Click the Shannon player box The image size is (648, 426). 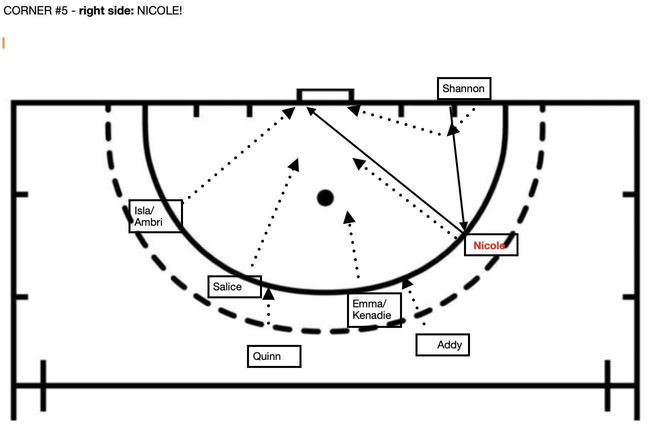464,89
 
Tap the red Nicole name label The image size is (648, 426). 489,246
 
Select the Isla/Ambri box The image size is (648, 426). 155,216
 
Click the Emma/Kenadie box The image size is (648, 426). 374,310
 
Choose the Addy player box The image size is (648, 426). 442,345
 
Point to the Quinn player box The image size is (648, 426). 274,356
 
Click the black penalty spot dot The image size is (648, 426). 325,198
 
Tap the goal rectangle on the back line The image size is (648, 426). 325,95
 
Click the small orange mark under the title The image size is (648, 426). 3,43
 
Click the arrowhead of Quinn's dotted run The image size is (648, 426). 268,293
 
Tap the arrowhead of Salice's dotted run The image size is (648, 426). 294,165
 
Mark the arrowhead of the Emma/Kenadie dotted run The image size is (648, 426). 349,217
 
